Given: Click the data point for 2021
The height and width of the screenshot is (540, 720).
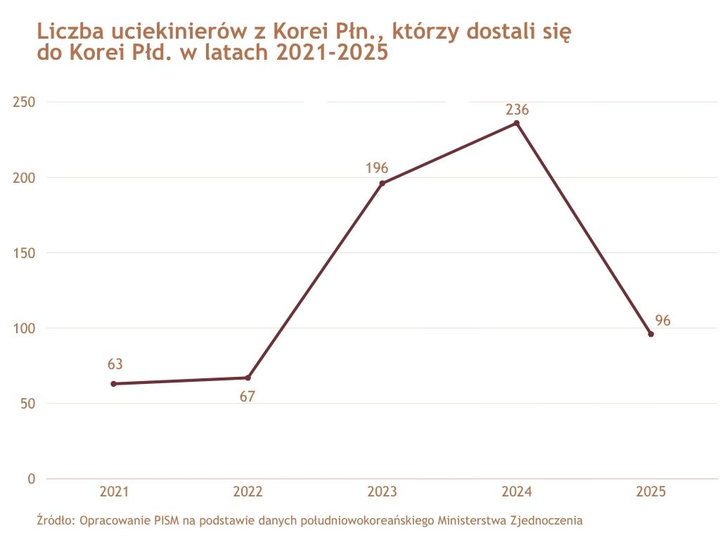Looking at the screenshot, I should click(114, 383).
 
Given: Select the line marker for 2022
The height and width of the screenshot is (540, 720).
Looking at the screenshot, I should click(247, 378).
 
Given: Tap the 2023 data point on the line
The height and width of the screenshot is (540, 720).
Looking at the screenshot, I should click(382, 184).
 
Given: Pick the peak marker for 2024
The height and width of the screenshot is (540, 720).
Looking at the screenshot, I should click(517, 123).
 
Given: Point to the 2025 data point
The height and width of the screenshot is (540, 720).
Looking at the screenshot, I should click(651, 334).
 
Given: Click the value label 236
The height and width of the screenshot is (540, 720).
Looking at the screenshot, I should click(517, 110).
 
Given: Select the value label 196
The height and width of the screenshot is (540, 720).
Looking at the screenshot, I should click(377, 168).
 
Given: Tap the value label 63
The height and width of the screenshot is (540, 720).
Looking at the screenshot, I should click(115, 364).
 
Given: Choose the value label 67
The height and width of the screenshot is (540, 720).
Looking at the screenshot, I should click(247, 397).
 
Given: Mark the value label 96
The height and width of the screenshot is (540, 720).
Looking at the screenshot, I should click(663, 321).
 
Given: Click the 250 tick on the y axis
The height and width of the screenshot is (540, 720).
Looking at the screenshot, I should click(24, 102).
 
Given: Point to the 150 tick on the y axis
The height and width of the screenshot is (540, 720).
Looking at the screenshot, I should click(24, 253).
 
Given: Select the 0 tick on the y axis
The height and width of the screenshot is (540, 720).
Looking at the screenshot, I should click(31, 479).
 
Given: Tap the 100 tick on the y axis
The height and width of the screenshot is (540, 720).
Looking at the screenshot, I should click(24, 328).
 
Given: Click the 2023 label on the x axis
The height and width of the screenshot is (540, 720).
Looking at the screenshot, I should click(382, 492).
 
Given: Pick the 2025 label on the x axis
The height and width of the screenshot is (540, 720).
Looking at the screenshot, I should click(650, 492).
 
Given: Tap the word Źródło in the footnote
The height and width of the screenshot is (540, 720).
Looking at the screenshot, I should click(56, 521).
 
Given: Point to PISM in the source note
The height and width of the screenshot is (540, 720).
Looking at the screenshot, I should click(166, 521).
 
